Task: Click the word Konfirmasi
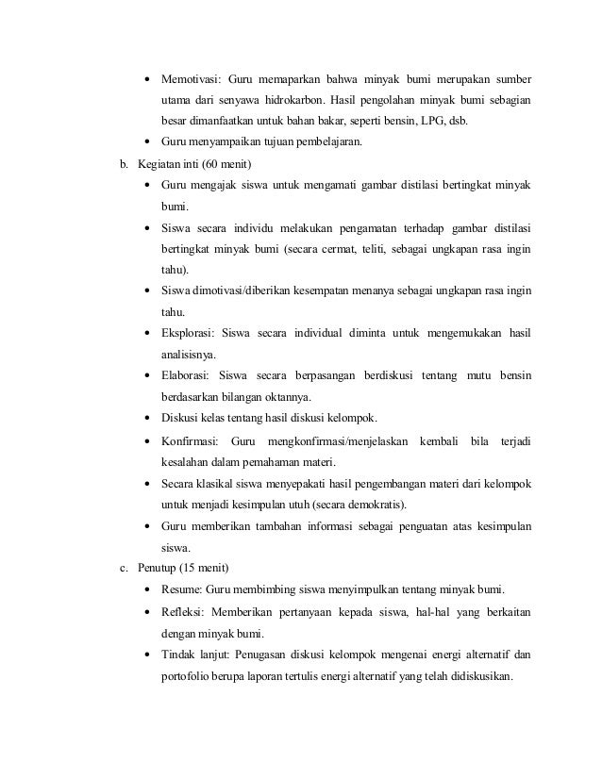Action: (x=190, y=441)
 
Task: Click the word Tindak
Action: (x=177, y=655)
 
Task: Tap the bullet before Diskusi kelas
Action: (x=149, y=418)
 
